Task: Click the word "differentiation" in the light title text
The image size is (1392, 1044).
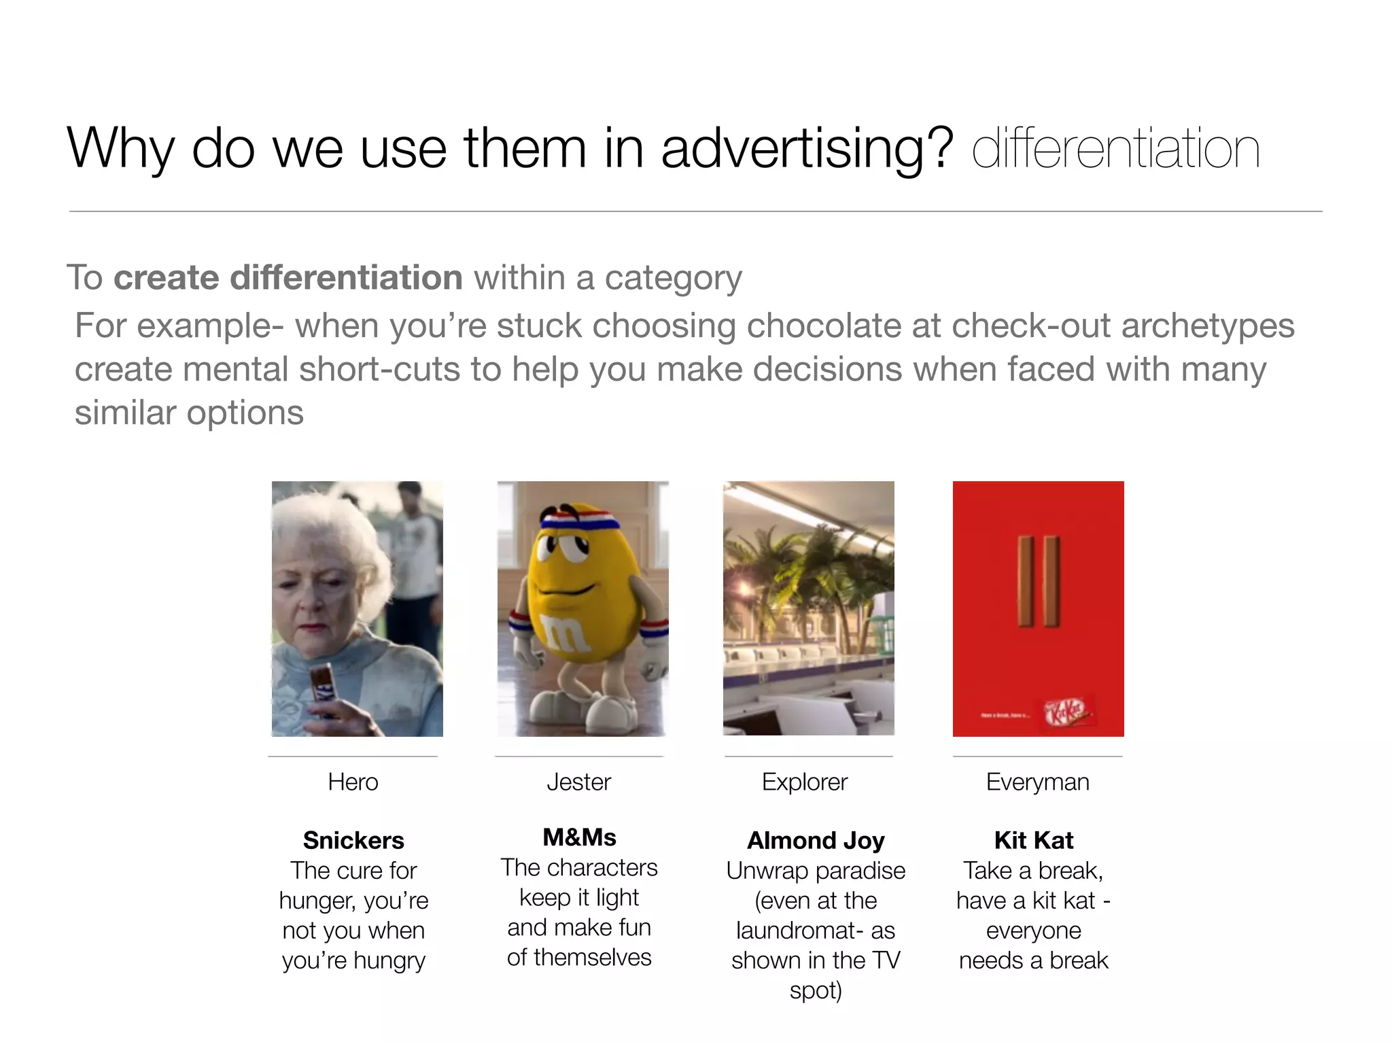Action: [1115, 149]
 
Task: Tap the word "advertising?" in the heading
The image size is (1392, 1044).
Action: [807, 149]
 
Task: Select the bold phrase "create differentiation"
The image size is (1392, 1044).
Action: [288, 278]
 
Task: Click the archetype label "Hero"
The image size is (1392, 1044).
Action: [353, 782]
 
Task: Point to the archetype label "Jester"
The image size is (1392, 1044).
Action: [579, 782]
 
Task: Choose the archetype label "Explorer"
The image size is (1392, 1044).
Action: [805, 782]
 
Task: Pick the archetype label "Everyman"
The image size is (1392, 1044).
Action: [1037, 782]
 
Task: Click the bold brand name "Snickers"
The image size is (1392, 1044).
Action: [353, 841]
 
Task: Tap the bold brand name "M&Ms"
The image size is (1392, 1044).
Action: [579, 837]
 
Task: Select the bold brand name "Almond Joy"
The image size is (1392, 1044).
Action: [816, 841]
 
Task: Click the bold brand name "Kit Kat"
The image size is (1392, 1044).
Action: [1034, 841]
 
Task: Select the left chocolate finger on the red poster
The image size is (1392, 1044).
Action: [1025, 581]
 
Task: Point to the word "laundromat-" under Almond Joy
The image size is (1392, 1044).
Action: [815, 930]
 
